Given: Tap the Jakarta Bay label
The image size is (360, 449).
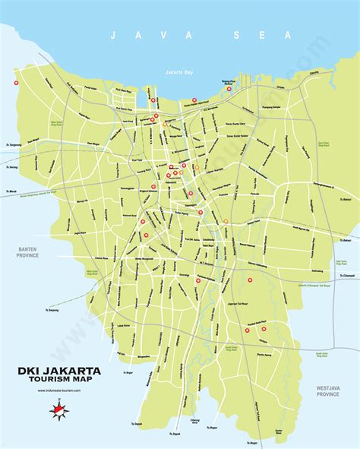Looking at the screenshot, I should (x=179, y=72).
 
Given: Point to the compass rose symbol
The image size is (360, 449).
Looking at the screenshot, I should (x=58, y=411).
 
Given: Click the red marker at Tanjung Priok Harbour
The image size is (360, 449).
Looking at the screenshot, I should (x=226, y=90).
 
